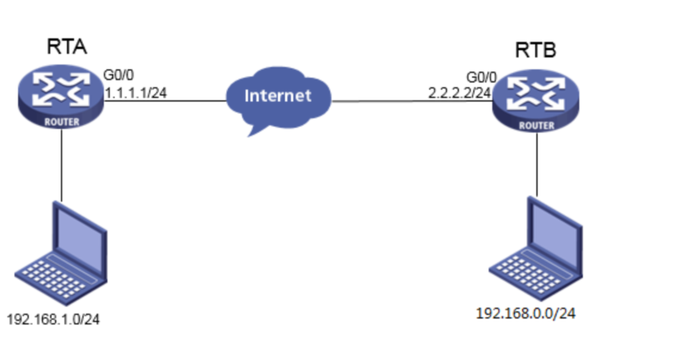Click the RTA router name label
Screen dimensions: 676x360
[x=67, y=47]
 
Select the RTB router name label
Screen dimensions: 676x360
[x=535, y=50]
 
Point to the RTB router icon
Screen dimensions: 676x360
[x=536, y=100]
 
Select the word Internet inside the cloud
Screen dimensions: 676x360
[x=278, y=95]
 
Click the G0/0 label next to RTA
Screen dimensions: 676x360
[x=118, y=75]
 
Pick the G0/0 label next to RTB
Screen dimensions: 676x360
[x=481, y=78]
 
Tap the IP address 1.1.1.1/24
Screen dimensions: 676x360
[x=136, y=92]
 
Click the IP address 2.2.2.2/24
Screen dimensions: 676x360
[x=460, y=93]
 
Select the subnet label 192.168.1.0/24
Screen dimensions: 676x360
[x=53, y=319]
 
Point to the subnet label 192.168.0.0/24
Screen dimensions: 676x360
[x=526, y=313]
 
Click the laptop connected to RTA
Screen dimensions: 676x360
[x=61, y=253]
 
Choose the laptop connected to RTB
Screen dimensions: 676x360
[x=536, y=249]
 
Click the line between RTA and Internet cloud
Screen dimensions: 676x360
[x=165, y=101]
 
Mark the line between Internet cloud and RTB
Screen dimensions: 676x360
[x=412, y=102]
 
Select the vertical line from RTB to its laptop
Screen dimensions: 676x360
[x=537, y=165]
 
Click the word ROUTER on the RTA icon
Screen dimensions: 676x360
[x=62, y=122]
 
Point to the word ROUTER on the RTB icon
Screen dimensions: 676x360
[x=537, y=126]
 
